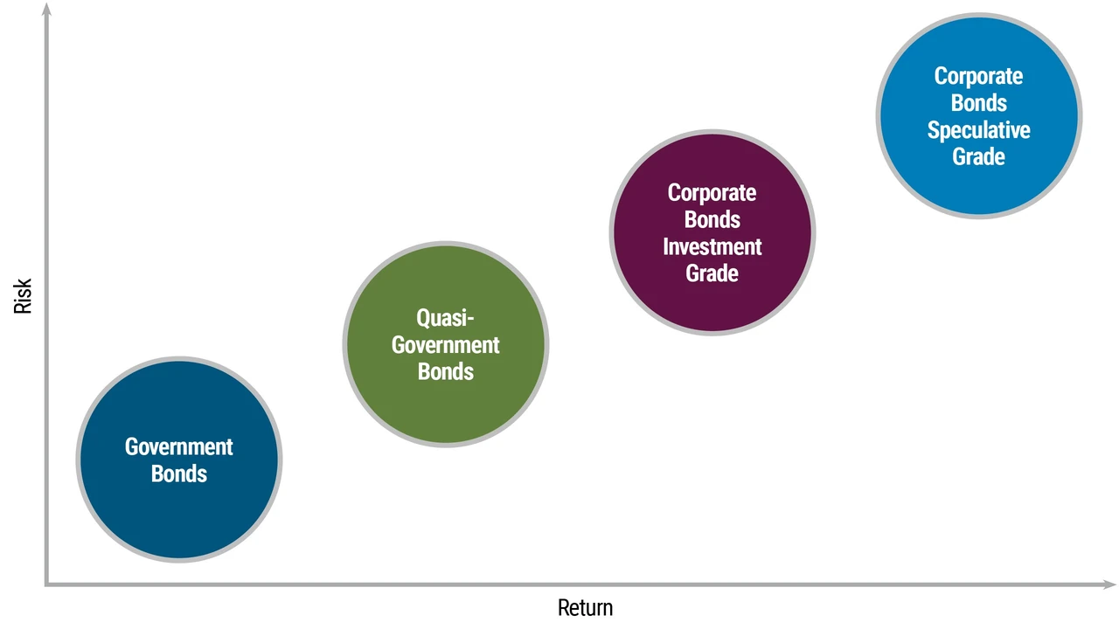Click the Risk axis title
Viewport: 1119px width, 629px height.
pos(23,296)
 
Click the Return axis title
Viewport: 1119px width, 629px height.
pos(585,608)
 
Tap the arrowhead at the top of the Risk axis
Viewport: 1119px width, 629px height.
pos(46,8)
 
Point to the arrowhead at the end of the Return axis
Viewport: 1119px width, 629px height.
pos(1110,584)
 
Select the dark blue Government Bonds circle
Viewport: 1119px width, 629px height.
pos(179,460)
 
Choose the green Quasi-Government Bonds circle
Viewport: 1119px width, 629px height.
pos(446,344)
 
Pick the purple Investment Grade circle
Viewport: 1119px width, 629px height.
pos(712,232)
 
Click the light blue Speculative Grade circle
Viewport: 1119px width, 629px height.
pos(979,116)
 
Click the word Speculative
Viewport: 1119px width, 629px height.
pos(978,130)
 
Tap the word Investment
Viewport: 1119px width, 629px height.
pos(712,246)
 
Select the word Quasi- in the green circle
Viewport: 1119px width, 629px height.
pos(445,318)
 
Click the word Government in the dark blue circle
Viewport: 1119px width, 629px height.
pos(179,446)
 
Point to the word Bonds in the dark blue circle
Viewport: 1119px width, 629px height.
pos(179,473)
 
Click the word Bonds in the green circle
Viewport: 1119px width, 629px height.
pos(446,371)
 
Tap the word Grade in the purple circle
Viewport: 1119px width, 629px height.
pos(712,273)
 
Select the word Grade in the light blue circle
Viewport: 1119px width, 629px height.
pos(978,156)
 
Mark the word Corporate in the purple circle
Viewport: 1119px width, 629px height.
pos(712,194)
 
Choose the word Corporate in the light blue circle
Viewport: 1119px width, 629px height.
pos(978,77)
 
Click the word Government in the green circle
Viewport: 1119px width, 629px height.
pos(446,345)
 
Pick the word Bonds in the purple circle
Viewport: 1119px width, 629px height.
pos(712,219)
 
